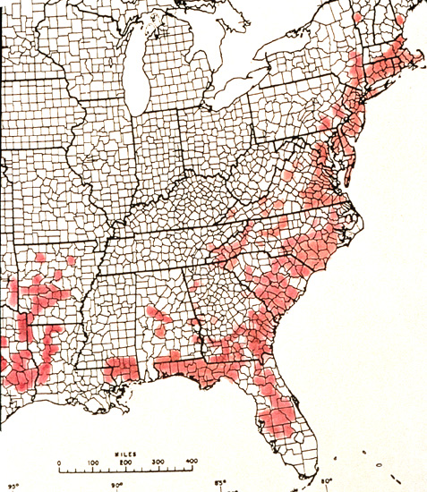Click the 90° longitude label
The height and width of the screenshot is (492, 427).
(115, 486)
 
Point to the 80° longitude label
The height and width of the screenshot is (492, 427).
(328, 484)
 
